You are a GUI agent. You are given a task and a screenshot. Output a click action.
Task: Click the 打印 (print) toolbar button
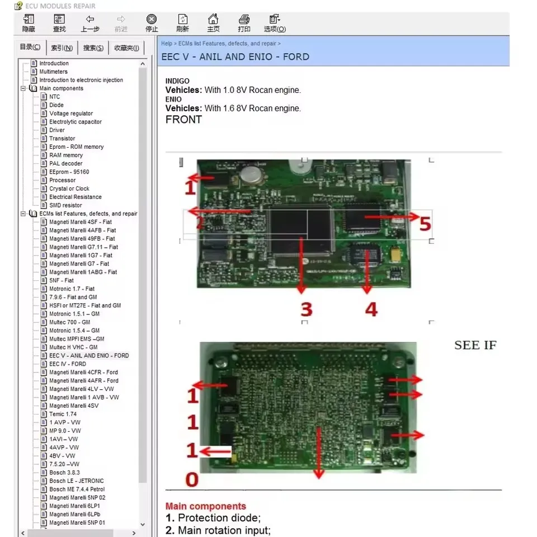coord(244,23)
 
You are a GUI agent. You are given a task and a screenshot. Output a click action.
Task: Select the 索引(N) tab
coord(62,48)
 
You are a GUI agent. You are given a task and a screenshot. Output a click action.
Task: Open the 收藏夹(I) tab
coord(126,48)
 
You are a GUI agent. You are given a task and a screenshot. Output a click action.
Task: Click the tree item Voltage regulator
coord(71,114)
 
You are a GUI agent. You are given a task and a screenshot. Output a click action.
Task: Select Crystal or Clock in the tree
coord(69,189)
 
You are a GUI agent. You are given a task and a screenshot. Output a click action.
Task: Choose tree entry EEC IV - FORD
coord(68,364)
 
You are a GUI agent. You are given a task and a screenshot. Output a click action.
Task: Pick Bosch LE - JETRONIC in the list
coord(76,481)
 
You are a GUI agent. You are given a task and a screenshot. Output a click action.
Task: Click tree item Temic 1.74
coord(63,414)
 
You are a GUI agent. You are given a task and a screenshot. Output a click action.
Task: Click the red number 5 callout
coord(425,224)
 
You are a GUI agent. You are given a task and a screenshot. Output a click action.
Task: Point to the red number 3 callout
coord(306,309)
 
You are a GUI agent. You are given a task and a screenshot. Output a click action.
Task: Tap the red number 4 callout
coord(371,309)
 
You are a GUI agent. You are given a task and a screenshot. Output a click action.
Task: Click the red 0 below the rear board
coord(192,479)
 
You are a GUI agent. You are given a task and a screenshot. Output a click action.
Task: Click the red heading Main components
coord(205,506)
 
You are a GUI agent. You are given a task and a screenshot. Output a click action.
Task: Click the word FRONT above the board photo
coord(183,119)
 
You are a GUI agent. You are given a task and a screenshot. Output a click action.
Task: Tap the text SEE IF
coord(475,345)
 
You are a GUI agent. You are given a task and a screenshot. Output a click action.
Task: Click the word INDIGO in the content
coord(177,81)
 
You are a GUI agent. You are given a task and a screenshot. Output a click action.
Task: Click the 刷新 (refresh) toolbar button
coord(182,23)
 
